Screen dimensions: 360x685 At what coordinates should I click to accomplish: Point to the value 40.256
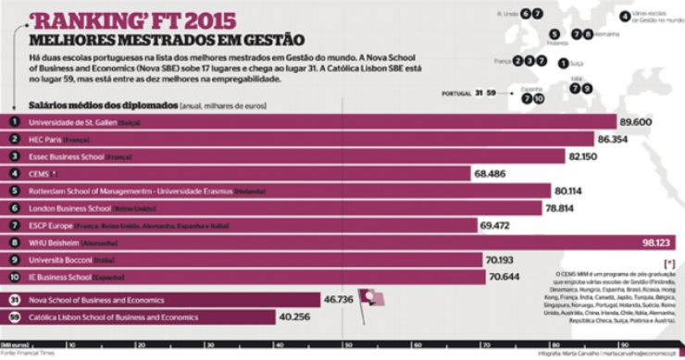299,317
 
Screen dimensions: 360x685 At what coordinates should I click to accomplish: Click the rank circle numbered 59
14,317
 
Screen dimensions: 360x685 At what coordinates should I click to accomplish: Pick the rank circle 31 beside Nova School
14,300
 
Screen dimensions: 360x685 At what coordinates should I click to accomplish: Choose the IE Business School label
61,277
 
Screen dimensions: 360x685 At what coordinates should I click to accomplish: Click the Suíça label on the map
580,63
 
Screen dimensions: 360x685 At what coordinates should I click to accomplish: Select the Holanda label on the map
557,43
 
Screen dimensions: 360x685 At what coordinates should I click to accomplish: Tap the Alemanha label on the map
607,34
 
